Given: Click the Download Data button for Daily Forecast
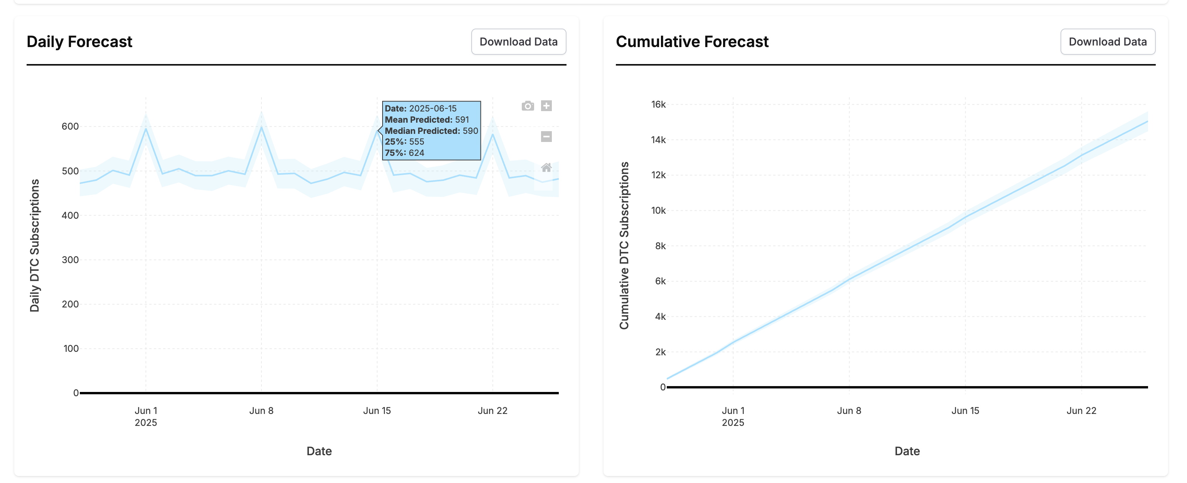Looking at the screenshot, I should click(x=518, y=42).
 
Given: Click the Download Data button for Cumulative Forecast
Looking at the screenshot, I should click(x=1107, y=42).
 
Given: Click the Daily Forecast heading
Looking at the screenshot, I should click(x=79, y=42).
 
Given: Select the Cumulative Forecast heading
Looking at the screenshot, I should click(x=692, y=42).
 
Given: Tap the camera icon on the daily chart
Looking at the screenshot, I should click(x=528, y=106).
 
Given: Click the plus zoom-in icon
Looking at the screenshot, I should click(x=546, y=106).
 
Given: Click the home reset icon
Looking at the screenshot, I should click(x=546, y=168).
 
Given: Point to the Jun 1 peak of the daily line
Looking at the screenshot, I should click(x=146, y=128).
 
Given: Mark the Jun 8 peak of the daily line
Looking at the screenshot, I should click(x=261, y=127).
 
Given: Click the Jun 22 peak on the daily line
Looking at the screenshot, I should click(x=492, y=134).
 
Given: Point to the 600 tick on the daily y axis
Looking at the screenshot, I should click(x=70, y=126).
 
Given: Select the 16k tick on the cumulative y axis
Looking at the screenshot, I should click(x=658, y=105).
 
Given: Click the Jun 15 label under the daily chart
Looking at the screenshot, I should click(x=376, y=410).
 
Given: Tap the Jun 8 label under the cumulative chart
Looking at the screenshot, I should click(x=849, y=410).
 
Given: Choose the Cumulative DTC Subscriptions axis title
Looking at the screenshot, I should click(x=624, y=245).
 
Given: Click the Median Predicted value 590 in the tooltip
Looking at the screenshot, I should click(x=470, y=131).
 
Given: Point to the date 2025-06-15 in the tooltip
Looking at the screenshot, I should click(x=433, y=108).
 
